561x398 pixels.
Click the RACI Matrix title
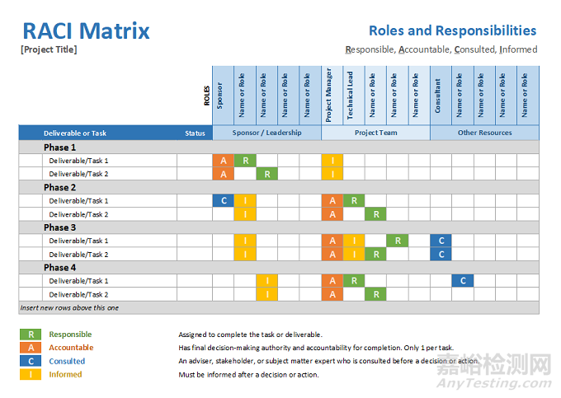pyautogui.click(x=86, y=31)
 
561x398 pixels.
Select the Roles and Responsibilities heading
pyautogui.click(x=452, y=30)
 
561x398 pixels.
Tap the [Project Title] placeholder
pyautogui.click(x=49, y=49)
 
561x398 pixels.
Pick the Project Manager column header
pyautogui.click(x=330, y=96)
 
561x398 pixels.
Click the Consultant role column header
pyautogui.click(x=439, y=96)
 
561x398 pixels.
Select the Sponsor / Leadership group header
pyautogui.click(x=266, y=133)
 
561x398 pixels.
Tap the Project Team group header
pyautogui.click(x=375, y=133)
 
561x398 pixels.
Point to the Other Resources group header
pyautogui.click(x=484, y=133)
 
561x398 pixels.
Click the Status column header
pyautogui.click(x=195, y=133)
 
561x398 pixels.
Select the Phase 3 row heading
pyautogui.click(x=60, y=227)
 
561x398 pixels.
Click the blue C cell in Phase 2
pyautogui.click(x=223, y=200)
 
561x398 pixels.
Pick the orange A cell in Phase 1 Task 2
pyautogui.click(x=223, y=174)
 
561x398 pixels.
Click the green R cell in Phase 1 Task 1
pyautogui.click(x=244, y=161)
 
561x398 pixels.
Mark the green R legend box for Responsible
pyautogui.click(x=31, y=335)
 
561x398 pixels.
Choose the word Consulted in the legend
pyautogui.click(x=67, y=361)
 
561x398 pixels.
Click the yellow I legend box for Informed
pyautogui.click(x=31, y=374)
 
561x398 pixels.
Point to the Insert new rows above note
pyautogui.click(x=69, y=307)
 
